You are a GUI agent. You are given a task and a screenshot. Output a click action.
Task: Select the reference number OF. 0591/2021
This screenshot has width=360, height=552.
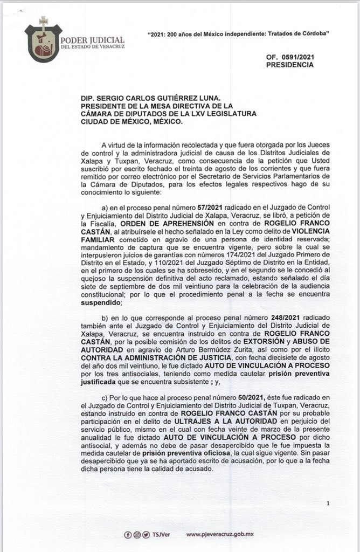tap(289, 57)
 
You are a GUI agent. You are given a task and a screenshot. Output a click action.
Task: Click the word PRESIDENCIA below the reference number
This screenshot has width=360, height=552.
tap(289, 65)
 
